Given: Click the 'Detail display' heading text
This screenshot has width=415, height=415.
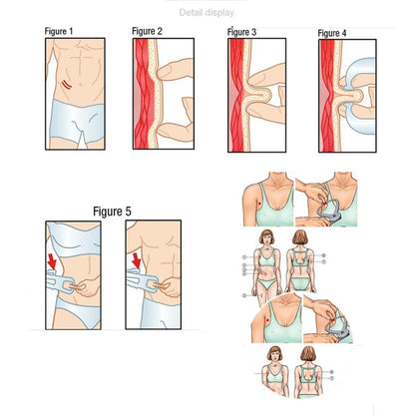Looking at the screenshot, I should coord(207,12).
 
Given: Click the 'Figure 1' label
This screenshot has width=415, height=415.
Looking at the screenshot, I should coord(58,32).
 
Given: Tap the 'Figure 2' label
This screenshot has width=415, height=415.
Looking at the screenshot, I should coord(147,32).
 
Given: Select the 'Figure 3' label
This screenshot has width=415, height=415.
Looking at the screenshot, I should coord(241,32).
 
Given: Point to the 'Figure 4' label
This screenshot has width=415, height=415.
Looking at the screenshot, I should coord(332,33).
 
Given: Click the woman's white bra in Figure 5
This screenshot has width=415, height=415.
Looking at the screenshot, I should coord(75,237).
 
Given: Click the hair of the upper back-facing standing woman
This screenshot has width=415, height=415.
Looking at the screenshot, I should coord(302,236).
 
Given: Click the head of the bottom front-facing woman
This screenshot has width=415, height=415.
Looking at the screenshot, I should coord(271,355).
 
